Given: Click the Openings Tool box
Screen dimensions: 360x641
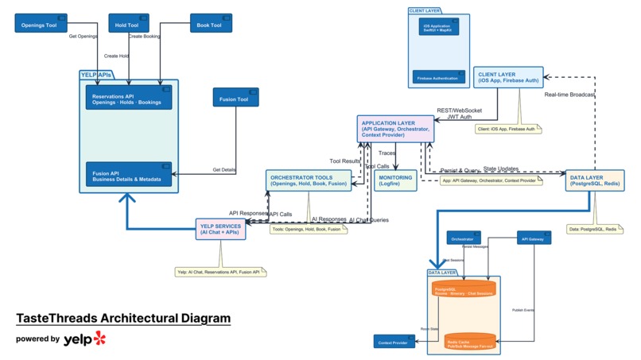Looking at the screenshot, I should tap(41, 24).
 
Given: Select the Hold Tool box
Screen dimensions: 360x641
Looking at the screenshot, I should tap(127, 25).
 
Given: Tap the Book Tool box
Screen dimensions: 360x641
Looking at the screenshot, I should tap(210, 25).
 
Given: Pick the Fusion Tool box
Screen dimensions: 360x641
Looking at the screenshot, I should tap(235, 99).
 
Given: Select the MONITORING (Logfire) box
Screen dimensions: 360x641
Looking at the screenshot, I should tap(395, 180).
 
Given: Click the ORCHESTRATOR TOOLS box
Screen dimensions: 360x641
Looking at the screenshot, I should tap(309, 180).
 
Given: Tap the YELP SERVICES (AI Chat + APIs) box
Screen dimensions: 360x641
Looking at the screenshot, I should tap(221, 229).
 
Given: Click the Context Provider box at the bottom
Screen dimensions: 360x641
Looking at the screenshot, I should tap(395, 341).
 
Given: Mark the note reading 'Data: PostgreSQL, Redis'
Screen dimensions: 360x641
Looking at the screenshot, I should tap(593, 229).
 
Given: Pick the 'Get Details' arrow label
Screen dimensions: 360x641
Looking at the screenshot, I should tap(223, 169).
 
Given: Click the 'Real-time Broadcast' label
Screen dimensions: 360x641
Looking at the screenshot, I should tap(571, 95).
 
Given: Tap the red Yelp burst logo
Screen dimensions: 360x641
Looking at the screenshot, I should tap(99, 339).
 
